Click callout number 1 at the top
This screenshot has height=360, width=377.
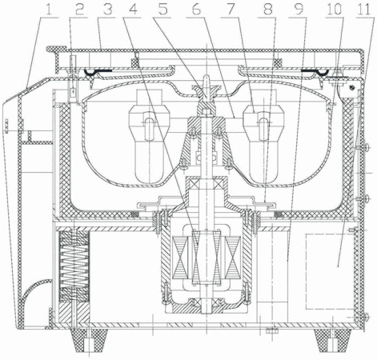pos(49,10)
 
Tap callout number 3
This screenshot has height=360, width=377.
pos(107,10)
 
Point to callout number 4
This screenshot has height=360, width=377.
pos(134,10)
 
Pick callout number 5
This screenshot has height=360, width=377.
pos(162,10)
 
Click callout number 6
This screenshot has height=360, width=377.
pos(196,10)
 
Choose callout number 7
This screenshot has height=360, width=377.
pos(231,10)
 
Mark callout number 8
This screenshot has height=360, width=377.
pos(267,10)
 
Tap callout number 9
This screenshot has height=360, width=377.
pos(299,10)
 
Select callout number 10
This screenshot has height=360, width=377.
pos(334,10)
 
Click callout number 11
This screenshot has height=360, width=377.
pos(364,10)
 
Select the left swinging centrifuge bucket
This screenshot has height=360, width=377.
pos(149,137)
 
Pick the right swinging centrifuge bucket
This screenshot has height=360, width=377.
pos(264,137)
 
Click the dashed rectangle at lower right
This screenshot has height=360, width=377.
pos(330,271)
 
